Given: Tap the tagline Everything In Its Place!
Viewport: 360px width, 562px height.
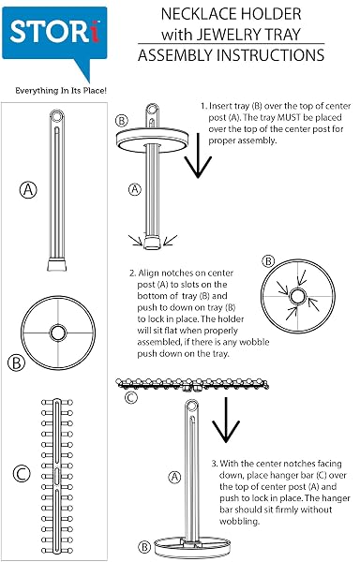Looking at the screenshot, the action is (x=61, y=91).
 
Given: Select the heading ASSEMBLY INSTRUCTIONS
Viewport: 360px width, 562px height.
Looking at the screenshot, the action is (x=232, y=55).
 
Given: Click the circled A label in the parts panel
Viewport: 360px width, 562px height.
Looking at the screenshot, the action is (x=28, y=189).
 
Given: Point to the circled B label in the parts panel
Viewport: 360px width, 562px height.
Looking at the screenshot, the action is (x=17, y=362).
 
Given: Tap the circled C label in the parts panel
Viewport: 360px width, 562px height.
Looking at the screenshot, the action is (x=22, y=474).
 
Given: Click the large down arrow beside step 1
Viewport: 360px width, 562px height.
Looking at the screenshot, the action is (x=198, y=155).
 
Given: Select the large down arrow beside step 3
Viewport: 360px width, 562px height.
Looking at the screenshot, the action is (x=226, y=420).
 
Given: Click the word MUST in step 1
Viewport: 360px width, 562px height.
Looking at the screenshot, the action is (x=289, y=118).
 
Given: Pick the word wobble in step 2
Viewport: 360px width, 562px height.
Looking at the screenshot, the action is (x=254, y=342).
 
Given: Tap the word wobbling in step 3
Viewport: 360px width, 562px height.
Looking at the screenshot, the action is (x=239, y=521).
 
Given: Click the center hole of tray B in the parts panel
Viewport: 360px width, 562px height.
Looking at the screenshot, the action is (x=58, y=333).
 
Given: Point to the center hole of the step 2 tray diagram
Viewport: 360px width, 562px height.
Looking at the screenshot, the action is (x=297, y=296).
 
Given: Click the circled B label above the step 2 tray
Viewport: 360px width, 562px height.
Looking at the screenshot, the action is (x=268, y=261).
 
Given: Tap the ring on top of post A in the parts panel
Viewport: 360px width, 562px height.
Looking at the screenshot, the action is (x=56, y=116).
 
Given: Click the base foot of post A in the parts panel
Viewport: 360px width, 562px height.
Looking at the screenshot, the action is (x=57, y=265).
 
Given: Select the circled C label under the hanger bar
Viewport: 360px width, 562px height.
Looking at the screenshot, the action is (x=131, y=397).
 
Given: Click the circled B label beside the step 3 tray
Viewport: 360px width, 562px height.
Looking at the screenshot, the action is (x=144, y=547).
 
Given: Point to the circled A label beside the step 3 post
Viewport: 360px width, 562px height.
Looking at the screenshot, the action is (x=174, y=477).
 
